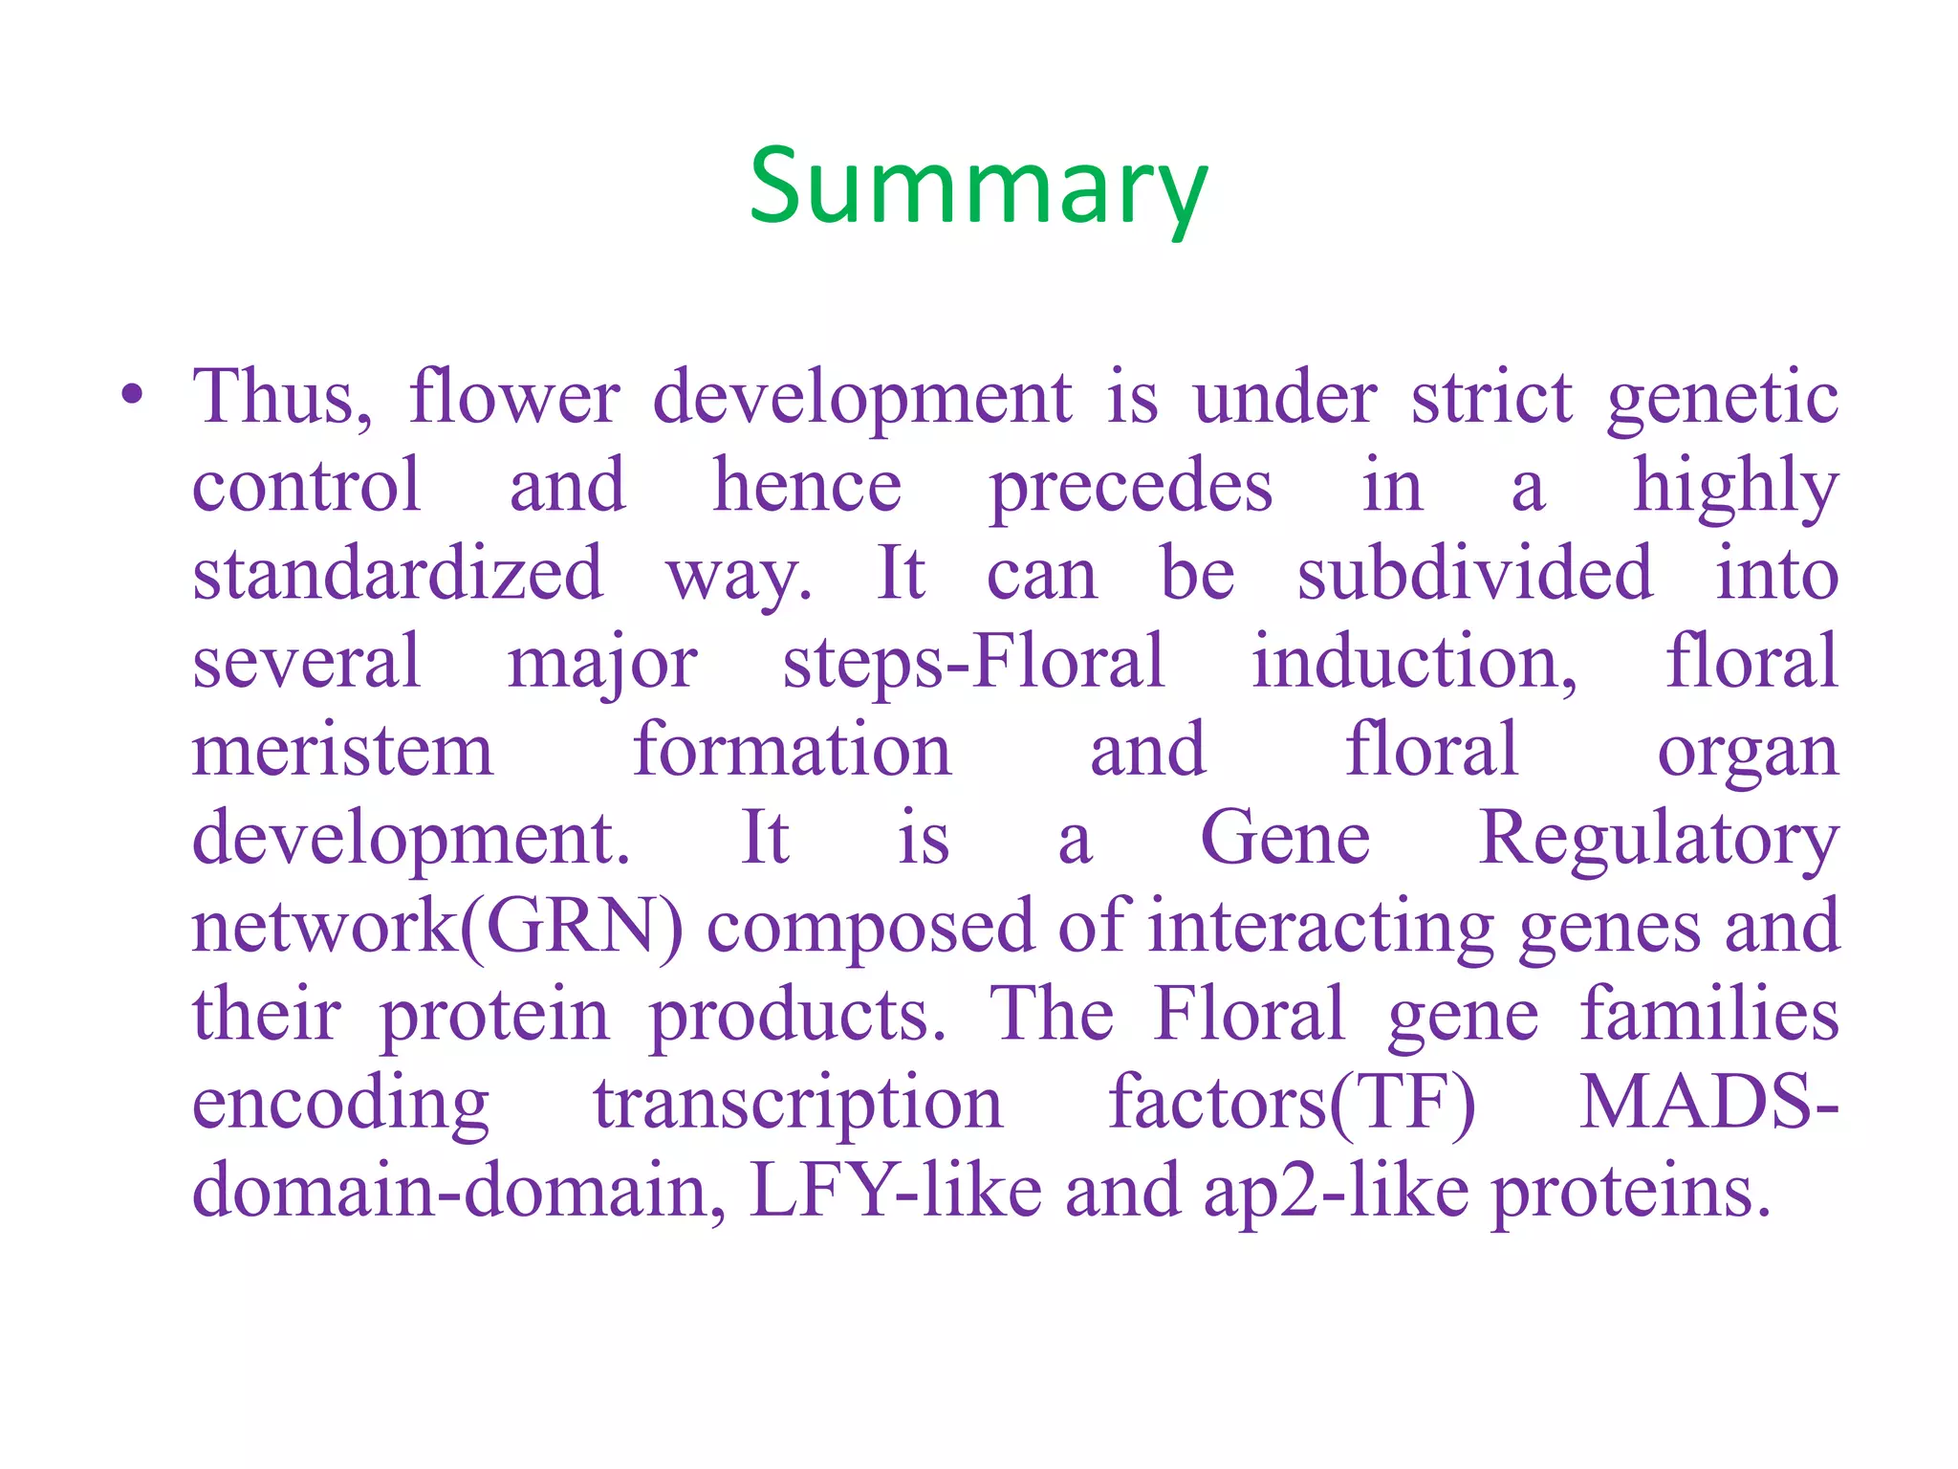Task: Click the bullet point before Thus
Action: tap(133, 395)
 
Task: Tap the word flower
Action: tap(514, 397)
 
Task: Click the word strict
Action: tap(1490, 397)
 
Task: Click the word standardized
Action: tap(398, 574)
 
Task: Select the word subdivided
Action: tap(1473, 574)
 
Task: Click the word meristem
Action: tap(342, 750)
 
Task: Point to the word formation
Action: tap(792, 750)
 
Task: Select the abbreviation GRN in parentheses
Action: tap(572, 927)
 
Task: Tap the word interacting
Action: tap(1320, 927)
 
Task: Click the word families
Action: tap(1708, 1014)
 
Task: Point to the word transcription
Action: tap(797, 1104)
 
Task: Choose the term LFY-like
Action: tap(895, 1191)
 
